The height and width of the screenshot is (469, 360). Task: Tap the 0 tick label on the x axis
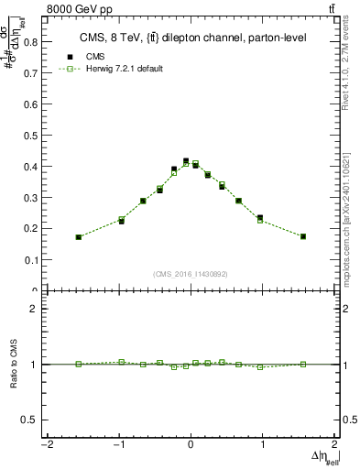click(191, 445)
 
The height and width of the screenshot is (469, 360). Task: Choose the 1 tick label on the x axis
click(263, 445)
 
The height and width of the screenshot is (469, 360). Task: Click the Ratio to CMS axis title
click(15, 377)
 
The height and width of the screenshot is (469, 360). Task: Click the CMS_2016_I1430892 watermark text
click(191, 273)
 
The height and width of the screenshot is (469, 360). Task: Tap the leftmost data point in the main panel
click(79, 237)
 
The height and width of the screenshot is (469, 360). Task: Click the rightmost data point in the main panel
click(303, 236)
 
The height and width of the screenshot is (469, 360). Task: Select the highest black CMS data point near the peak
click(186, 161)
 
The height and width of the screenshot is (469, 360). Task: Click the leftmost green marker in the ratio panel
click(79, 364)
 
